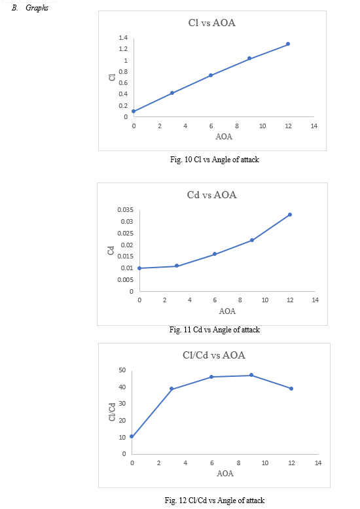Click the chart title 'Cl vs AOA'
(x=212, y=23)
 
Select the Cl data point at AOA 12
(x=288, y=44)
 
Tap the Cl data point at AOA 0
(x=134, y=111)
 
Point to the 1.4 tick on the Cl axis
(x=123, y=38)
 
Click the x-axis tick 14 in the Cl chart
(x=314, y=126)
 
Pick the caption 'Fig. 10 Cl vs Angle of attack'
(x=215, y=160)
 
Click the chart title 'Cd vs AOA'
(x=212, y=195)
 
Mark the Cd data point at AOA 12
(x=290, y=215)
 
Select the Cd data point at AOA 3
(x=177, y=266)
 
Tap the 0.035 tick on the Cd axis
(x=126, y=210)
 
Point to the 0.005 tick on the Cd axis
(x=126, y=279)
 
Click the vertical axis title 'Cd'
(x=111, y=251)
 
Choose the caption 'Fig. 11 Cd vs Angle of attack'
(x=215, y=330)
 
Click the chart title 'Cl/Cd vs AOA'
(x=214, y=355)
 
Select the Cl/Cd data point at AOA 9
(x=251, y=375)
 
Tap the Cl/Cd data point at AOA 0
(x=132, y=436)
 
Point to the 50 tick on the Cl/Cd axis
(x=122, y=370)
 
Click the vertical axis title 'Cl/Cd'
(x=112, y=412)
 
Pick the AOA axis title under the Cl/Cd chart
(x=225, y=473)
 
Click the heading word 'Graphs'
(x=37, y=8)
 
